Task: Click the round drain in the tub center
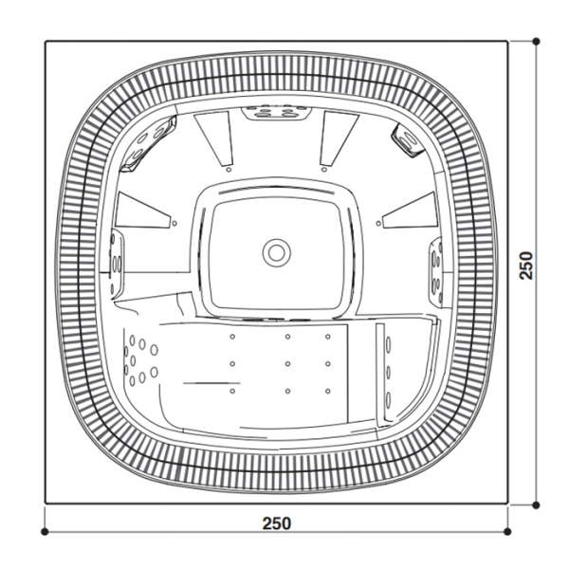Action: tap(276, 251)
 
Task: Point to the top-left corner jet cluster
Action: tap(150, 141)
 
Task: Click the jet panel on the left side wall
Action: tap(116, 261)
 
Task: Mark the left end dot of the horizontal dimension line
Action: tap(45, 531)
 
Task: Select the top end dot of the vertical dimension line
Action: tap(537, 41)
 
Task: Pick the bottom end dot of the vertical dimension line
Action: tap(537, 504)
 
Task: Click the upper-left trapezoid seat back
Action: tap(214, 136)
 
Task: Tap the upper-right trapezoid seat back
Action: tap(336, 136)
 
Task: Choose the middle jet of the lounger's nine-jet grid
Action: tap(285, 362)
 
